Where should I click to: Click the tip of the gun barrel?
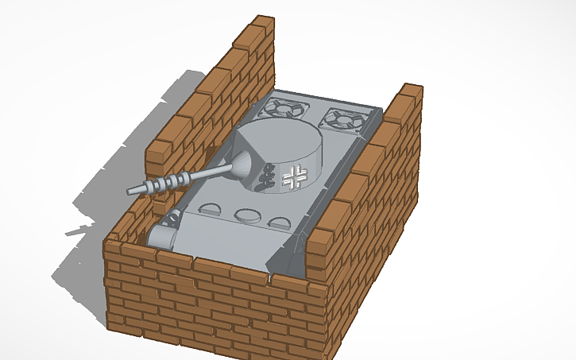pyautogui.click(x=130, y=191)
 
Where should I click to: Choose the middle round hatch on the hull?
pyautogui.click(x=245, y=215)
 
